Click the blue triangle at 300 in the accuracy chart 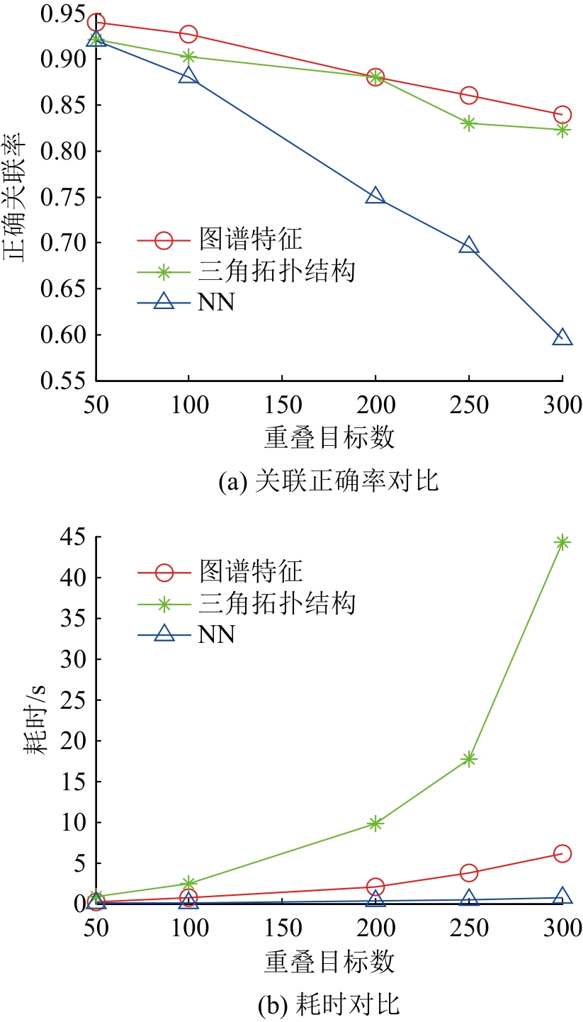tap(562, 337)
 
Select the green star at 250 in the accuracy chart tap(469, 123)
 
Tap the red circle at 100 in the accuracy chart tap(188, 34)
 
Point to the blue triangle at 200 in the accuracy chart tap(375, 196)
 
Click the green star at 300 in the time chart tap(562, 542)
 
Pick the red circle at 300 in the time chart tap(562, 853)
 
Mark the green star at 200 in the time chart tap(375, 823)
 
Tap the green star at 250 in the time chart tap(469, 758)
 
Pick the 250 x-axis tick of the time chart tap(469, 927)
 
